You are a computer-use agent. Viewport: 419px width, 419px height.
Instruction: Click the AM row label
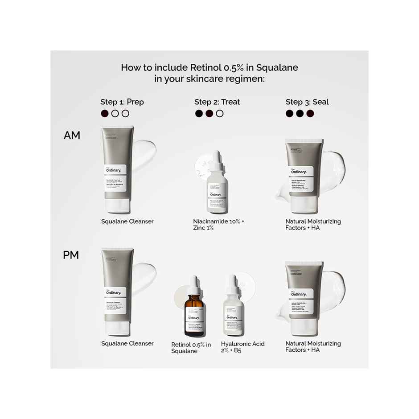tap(72, 136)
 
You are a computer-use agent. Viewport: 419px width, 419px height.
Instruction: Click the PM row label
tap(71, 255)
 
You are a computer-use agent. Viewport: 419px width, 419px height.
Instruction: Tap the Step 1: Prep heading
tap(122, 102)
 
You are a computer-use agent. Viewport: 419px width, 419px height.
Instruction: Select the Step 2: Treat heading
tap(217, 102)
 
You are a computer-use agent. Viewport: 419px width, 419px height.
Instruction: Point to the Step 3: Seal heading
tap(307, 102)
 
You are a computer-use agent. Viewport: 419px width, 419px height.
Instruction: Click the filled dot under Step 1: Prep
tap(105, 114)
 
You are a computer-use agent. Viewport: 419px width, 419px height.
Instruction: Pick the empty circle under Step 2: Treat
tap(219, 114)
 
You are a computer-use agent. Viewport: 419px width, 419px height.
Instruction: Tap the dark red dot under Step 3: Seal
tap(310, 114)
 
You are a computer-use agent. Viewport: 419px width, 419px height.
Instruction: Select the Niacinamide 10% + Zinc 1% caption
tap(219, 225)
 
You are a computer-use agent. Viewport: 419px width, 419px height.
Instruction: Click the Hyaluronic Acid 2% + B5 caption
tap(242, 347)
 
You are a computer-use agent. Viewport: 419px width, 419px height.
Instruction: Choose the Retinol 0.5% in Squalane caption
tap(191, 348)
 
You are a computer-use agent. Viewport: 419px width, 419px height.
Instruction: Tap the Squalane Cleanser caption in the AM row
tap(127, 222)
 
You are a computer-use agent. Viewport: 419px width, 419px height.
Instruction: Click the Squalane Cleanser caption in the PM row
tap(127, 344)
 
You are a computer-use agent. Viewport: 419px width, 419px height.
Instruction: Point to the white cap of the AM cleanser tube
tap(118, 205)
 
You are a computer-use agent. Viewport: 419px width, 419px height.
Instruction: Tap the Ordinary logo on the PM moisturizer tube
tap(299, 294)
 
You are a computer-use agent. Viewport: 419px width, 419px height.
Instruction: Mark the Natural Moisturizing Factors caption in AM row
tap(313, 225)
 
